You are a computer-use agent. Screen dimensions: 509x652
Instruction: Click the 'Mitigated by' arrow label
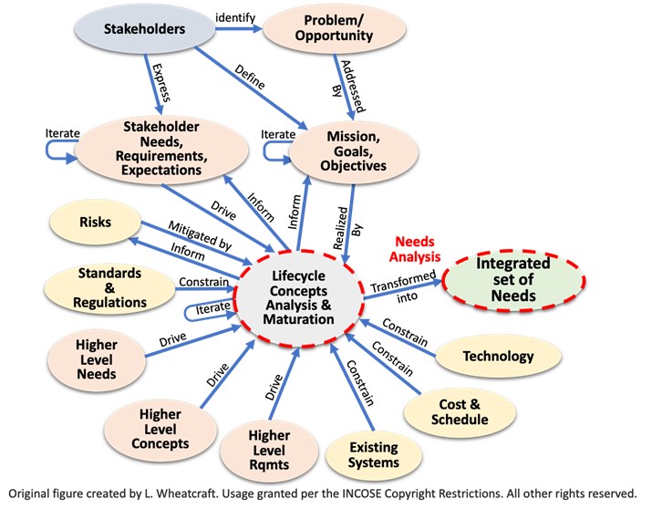coord(199,234)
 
